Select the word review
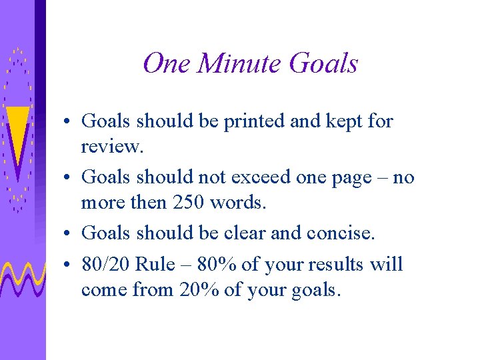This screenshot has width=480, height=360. [x=111, y=147]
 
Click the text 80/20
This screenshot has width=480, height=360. [x=105, y=265]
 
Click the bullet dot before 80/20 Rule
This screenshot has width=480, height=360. [x=69, y=265]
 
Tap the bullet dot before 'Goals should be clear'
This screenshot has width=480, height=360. [x=69, y=234]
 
